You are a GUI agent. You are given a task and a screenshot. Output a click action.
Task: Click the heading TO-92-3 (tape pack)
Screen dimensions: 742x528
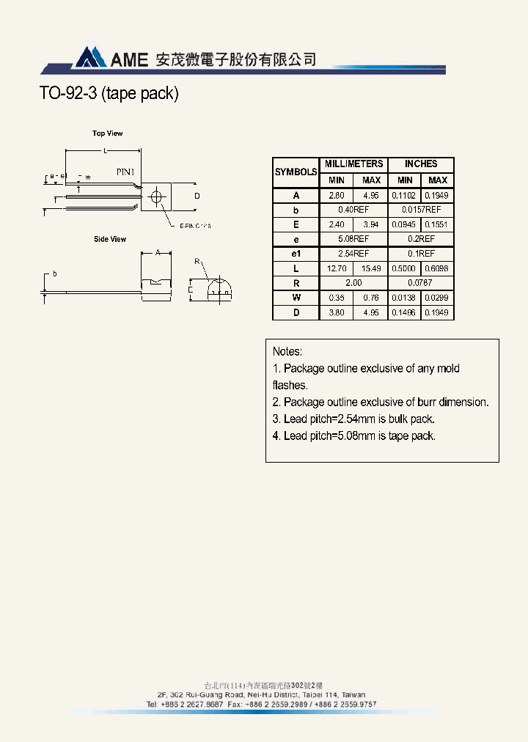(x=108, y=95)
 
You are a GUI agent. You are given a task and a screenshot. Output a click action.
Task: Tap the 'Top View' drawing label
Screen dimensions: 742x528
(x=107, y=133)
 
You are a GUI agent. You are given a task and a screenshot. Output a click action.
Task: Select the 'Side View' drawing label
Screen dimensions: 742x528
(x=110, y=239)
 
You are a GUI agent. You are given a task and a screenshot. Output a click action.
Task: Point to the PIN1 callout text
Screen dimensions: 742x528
(x=125, y=172)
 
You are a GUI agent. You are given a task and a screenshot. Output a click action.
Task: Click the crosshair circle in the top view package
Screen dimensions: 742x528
(x=155, y=196)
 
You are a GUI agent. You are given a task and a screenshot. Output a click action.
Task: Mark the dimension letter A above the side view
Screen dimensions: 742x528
(x=158, y=251)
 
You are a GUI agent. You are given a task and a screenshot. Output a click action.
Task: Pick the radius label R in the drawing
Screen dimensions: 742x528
(x=197, y=261)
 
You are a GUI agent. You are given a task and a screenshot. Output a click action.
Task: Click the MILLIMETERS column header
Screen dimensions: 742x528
(x=353, y=164)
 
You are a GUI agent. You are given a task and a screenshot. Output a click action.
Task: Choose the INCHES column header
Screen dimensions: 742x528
(x=421, y=164)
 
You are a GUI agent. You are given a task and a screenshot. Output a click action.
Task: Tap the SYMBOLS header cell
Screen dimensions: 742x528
(x=296, y=172)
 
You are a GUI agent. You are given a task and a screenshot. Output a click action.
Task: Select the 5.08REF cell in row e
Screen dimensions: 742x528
(x=353, y=239)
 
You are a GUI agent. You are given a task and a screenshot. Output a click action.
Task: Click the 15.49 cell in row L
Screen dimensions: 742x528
(x=372, y=268)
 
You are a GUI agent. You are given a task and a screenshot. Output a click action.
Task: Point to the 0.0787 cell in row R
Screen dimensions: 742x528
(x=421, y=283)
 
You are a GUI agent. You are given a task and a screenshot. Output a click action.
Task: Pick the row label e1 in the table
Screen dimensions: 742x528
(x=296, y=254)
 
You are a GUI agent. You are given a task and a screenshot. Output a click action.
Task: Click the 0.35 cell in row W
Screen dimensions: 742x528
(x=337, y=298)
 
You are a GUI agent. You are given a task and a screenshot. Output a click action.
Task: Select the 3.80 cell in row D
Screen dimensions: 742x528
(x=337, y=312)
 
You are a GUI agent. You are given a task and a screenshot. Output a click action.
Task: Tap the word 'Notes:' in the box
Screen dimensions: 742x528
(x=287, y=352)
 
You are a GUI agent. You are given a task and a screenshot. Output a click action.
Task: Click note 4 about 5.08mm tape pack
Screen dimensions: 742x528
(x=354, y=436)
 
